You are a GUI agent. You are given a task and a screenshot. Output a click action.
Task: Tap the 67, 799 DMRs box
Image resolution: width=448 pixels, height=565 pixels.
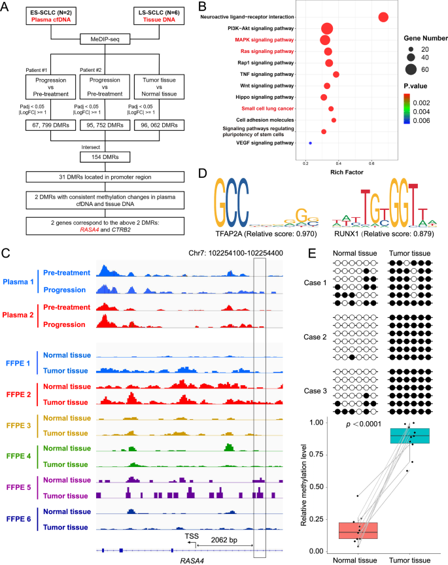pos(50,124)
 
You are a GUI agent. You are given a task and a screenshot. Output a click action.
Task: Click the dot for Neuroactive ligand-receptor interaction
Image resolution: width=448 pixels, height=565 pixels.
pos(383,17)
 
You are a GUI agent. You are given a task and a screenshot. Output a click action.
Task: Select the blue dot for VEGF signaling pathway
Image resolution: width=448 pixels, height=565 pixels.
pos(310,143)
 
